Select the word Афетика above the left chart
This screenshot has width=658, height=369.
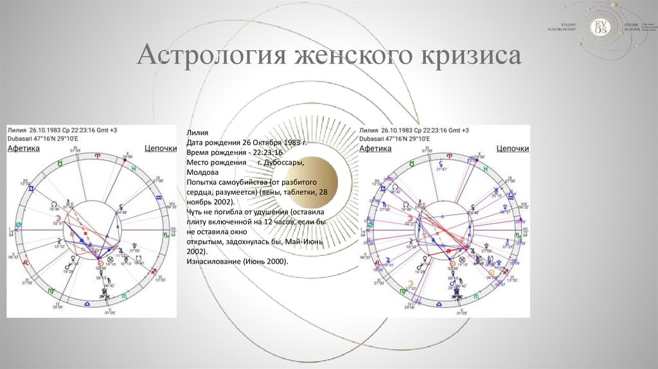coord(24,148)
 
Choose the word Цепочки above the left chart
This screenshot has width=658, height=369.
coord(161,148)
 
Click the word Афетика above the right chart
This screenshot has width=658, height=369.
coord(375,148)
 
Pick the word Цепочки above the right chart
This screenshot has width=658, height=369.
coord(513,148)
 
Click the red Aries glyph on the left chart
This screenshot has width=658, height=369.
coord(98,156)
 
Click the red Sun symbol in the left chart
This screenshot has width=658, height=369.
coord(100,263)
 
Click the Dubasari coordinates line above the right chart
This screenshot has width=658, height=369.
coord(398,138)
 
